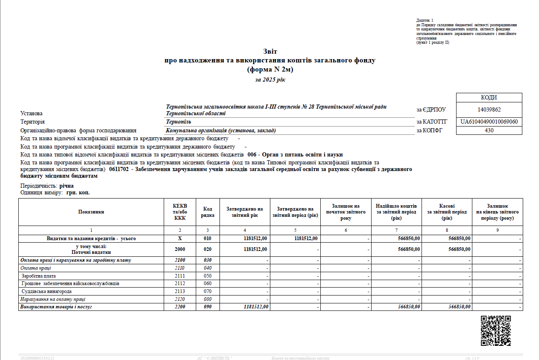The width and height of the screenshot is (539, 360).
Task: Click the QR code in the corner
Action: [x=496, y=330]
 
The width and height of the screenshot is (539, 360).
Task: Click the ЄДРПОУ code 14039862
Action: [x=489, y=110]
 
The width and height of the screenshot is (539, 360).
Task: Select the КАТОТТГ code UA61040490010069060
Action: [x=489, y=122]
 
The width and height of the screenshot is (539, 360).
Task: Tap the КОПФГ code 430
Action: [x=489, y=130]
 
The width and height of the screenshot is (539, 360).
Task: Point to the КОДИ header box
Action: [x=489, y=98]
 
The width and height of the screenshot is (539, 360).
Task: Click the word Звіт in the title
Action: [x=269, y=51]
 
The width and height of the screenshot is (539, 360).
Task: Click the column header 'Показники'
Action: [x=91, y=212]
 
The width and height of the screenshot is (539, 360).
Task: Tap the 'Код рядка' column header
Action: [x=207, y=212]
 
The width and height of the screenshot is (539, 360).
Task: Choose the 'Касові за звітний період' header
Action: [x=447, y=212]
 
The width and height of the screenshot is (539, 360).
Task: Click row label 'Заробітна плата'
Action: [x=39, y=276]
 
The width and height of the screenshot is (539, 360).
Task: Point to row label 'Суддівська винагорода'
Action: [x=47, y=291]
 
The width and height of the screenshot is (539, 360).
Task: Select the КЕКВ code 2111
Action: [x=180, y=276]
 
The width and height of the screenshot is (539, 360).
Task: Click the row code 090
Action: [x=207, y=307]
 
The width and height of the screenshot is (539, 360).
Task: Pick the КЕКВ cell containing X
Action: [x=180, y=238]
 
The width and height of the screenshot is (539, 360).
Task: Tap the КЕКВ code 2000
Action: [x=180, y=249]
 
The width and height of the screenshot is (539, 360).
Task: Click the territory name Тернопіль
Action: [x=178, y=122]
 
